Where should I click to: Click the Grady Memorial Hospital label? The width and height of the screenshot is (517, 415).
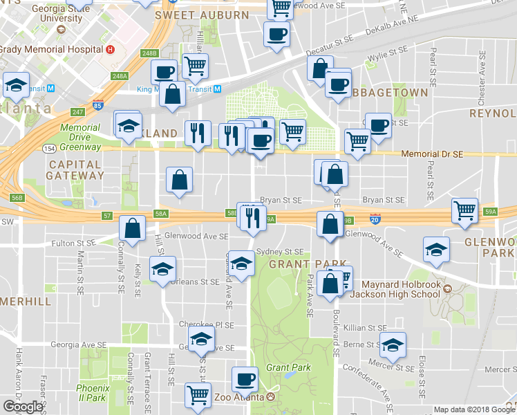click(x=51, y=50)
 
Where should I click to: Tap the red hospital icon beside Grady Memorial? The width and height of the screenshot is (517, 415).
click(x=110, y=50)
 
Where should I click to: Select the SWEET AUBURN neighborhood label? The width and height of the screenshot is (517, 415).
click(x=202, y=15)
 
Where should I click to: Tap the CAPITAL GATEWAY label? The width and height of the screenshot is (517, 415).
click(x=75, y=170)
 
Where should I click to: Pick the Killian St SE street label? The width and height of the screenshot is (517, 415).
click(x=367, y=328)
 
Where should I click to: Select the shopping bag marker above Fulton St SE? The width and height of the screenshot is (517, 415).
click(x=132, y=228)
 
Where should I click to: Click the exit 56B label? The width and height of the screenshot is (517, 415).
click(x=17, y=198)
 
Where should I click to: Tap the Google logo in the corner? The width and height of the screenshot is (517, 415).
click(x=23, y=407)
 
